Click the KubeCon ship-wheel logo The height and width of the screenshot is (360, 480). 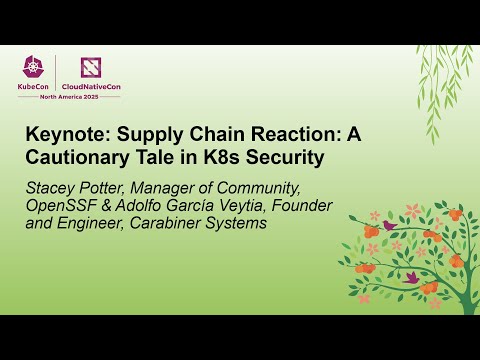tap(35, 68)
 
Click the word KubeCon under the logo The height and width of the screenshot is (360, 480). tap(35, 87)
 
